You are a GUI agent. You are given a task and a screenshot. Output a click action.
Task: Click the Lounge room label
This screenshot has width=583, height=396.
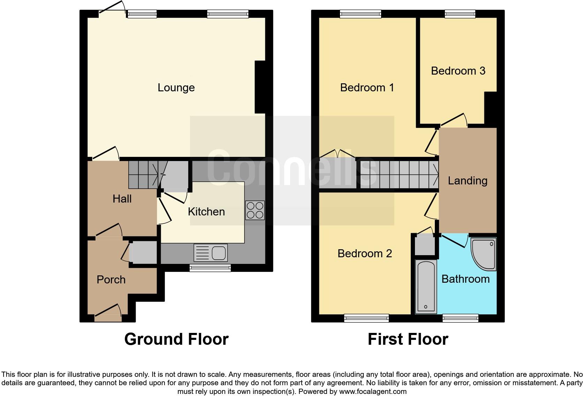176,87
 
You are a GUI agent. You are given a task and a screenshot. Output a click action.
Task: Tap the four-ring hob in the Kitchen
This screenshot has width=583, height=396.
255,210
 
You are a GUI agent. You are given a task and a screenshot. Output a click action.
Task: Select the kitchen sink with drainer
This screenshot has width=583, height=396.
211,253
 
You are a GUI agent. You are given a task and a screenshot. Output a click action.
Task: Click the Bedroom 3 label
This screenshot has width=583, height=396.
458,71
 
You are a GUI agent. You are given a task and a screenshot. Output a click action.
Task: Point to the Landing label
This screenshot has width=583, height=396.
468,181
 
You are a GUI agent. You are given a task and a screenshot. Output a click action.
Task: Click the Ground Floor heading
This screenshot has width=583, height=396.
176,339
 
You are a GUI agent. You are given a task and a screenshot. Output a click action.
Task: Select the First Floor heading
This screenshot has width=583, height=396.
408,339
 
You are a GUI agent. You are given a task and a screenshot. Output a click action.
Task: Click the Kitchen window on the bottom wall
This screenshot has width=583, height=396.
210,268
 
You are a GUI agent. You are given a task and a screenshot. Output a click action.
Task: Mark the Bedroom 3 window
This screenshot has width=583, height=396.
460,14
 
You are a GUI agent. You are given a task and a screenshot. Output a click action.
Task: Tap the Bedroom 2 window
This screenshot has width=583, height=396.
366,318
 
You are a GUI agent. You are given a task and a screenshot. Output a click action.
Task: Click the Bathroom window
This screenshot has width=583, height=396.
460,318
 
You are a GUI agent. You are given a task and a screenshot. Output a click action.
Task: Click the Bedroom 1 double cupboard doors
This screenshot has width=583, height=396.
337,154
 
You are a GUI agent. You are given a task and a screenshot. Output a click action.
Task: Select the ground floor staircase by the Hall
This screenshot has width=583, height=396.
143,174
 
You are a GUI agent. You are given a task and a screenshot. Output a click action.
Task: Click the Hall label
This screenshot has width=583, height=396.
122,199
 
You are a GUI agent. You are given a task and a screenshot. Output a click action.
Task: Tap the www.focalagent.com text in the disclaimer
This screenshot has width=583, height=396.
372,391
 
